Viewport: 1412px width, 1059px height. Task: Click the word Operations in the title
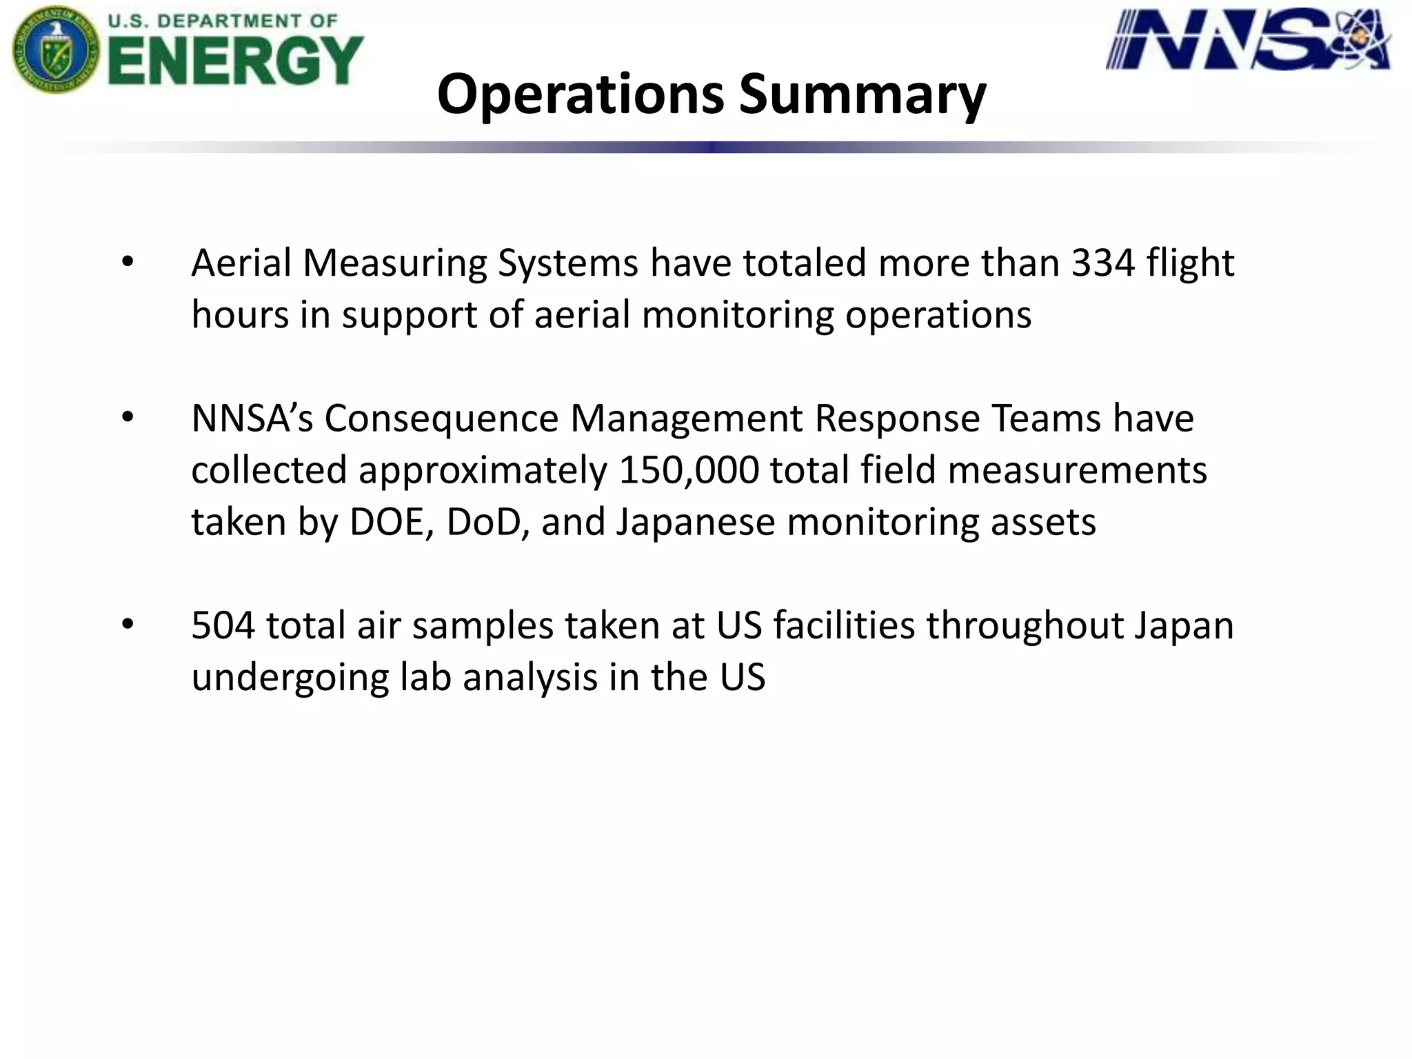pyautogui.click(x=580, y=94)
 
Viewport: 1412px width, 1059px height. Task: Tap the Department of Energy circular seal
pyautogui.click(x=55, y=50)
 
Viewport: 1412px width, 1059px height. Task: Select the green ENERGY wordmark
pyautogui.click(x=235, y=61)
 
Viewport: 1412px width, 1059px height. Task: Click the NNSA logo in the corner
pyautogui.click(x=1248, y=39)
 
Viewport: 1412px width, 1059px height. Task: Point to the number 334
pyautogui.click(x=1102, y=263)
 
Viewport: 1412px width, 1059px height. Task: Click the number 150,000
pyautogui.click(x=689, y=470)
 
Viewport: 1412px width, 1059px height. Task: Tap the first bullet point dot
pyautogui.click(x=128, y=263)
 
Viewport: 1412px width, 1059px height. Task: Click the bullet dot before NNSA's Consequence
pyautogui.click(x=128, y=418)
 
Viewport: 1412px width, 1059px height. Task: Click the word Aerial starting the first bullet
pyautogui.click(x=241, y=263)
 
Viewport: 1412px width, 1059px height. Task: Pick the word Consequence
pyautogui.click(x=441, y=418)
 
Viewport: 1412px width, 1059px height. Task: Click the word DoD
pyautogui.click(x=487, y=522)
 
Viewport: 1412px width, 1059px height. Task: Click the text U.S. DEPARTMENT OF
pyautogui.click(x=222, y=21)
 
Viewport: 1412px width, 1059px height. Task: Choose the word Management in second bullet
pyautogui.click(x=687, y=418)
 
